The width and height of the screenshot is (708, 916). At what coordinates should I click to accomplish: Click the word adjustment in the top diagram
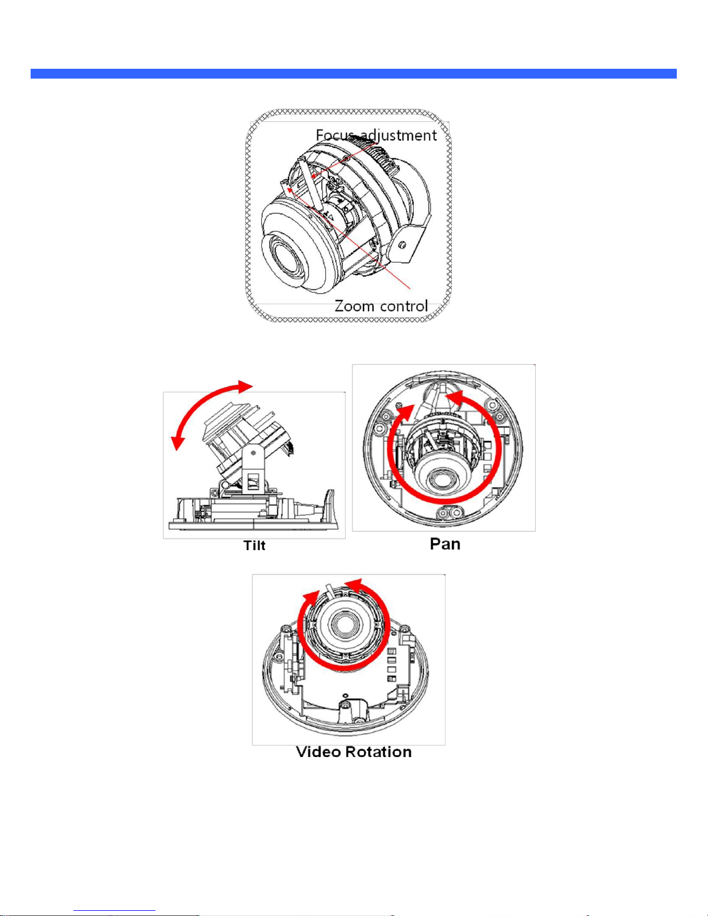(398, 136)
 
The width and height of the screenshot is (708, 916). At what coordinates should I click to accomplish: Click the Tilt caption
(254, 546)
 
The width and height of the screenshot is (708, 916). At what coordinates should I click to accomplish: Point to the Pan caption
(445, 544)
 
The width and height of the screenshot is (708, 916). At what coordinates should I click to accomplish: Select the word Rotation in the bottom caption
(379, 752)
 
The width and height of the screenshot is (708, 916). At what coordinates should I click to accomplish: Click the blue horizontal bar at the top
(354, 74)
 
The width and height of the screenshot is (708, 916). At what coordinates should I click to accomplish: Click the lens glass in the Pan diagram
(440, 480)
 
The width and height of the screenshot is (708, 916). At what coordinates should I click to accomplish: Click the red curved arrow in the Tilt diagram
(200, 405)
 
